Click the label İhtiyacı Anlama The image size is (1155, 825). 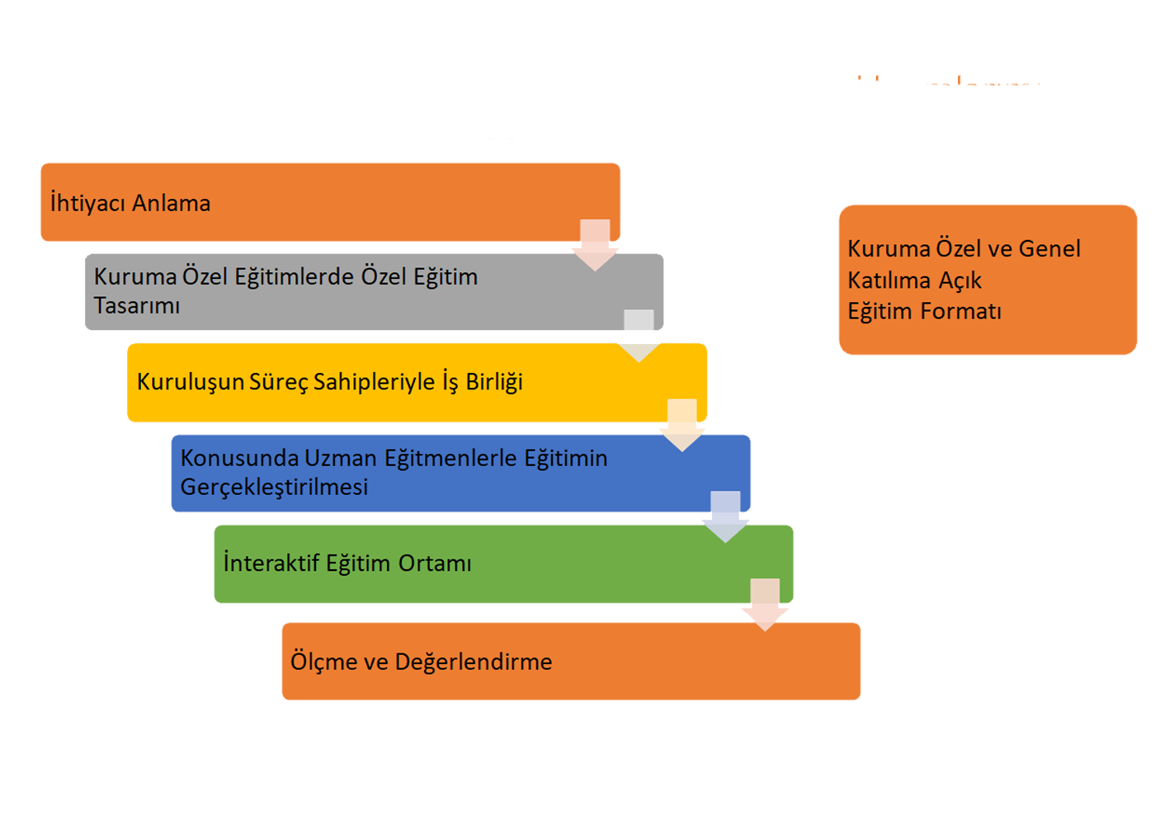click(130, 203)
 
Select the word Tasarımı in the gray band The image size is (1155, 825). click(137, 306)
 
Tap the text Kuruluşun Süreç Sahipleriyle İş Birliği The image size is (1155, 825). click(330, 382)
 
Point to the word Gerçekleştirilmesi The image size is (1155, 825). click(274, 488)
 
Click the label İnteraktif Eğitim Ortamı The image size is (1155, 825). click(347, 563)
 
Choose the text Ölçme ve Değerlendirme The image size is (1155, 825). click(421, 662)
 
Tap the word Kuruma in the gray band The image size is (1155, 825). click(135, 276)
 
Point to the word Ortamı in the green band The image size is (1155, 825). click(435, 563)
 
